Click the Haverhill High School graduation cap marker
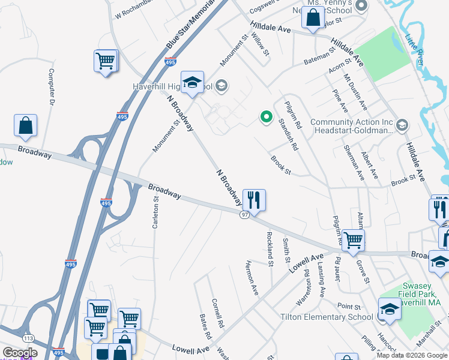coord(193,82)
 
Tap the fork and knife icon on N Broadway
coord(254,200)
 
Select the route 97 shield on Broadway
coord(245,215)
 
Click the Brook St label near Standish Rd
coord(280,167)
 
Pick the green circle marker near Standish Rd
coord(264,117)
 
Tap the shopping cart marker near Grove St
coord(353,240)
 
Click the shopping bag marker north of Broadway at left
coord(26,125)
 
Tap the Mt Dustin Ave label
coord(355,92)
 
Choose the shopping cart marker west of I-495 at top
coord(105,61)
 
